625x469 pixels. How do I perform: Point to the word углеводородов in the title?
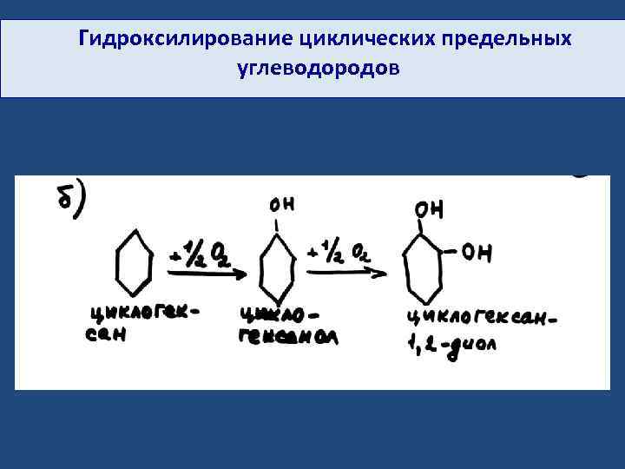click(x=318, y=67)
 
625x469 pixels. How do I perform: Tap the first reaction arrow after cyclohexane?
click(x=205, y=273)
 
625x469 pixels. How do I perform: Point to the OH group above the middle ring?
click(x=281, y=204)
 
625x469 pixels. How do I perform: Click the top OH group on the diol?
click(x=429, y=209)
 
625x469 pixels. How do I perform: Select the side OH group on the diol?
click(x=477, y=253)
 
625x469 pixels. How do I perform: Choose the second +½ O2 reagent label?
click(x=344, y=253)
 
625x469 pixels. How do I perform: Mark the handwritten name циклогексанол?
click(x=286, y=325)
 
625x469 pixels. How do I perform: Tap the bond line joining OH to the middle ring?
click(x=277, y=226)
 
